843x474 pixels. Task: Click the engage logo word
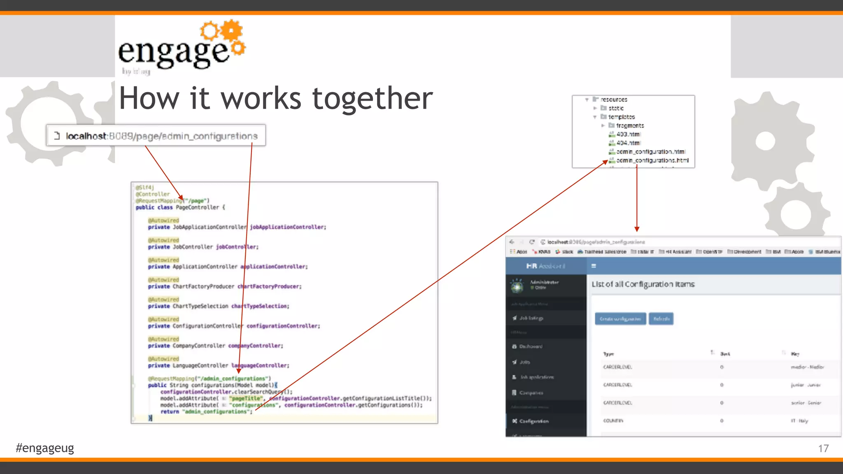click(173, 53)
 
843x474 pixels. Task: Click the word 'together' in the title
click(372, 99)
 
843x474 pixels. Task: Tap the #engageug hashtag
click(45, 448)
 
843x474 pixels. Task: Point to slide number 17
click(823, 448)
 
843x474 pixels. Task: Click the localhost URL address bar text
click(162, 136)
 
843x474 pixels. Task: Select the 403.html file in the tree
click(628, 134)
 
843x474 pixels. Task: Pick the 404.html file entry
click(628, 143)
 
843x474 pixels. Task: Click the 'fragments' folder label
click(630, 125)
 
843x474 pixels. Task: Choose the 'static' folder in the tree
click(616, 108)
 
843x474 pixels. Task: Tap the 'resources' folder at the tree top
click(614, 100)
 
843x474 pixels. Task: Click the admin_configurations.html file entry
click(652, 160)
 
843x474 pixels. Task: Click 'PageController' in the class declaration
click(197, 207)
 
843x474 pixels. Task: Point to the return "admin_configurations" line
click(206, 411)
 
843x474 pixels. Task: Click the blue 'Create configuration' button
click(620, 319)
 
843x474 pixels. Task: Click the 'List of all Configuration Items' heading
click(643, 284)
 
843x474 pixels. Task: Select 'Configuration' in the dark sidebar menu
click(533, 421)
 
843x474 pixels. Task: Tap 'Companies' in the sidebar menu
click(531, 393)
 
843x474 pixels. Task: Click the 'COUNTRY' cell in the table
click(613, 421)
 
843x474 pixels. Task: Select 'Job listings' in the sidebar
click(531, 318)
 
